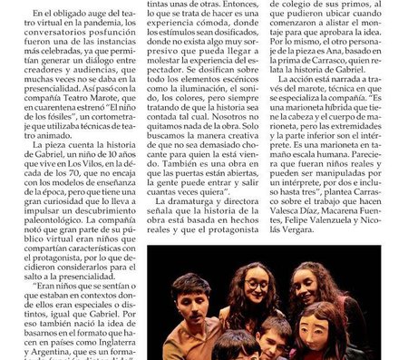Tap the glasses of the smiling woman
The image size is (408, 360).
[x=257, y=287]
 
